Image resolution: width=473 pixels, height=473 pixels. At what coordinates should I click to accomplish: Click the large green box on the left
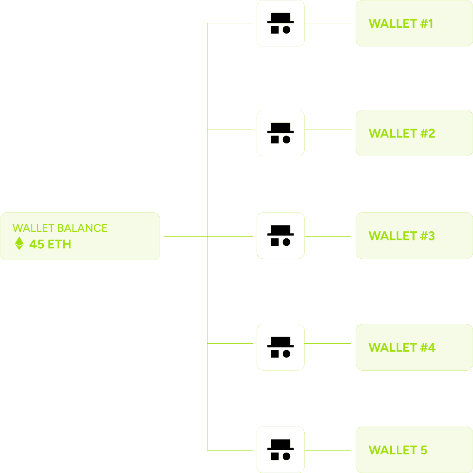[80, 236]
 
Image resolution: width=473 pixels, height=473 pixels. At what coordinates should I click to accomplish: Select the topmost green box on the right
[414, 23]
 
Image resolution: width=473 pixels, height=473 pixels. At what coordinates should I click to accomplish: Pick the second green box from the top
[414, 133]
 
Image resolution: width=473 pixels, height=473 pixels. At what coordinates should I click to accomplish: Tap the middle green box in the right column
[414, 235]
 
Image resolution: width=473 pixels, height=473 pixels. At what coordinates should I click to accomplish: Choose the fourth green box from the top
[414, 347]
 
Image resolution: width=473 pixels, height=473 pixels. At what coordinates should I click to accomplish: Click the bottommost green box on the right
[414, 449]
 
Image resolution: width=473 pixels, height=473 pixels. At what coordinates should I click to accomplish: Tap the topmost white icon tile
[280, 23]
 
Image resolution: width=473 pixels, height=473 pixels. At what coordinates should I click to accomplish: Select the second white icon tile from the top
[280, 133]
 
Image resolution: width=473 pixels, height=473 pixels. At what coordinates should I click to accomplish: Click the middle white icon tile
[280, 235]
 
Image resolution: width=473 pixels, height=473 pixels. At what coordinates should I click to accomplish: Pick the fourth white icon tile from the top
[280, 347]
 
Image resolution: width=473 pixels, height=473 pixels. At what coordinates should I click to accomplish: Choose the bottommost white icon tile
[280, 449]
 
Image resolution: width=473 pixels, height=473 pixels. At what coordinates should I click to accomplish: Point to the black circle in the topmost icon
[286, 29]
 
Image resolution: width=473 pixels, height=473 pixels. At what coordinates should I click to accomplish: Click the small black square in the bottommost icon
[274, 456]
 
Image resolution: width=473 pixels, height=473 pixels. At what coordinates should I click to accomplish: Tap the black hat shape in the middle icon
[280, 230]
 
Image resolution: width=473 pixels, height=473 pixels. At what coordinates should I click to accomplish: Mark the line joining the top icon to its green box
[327, 23]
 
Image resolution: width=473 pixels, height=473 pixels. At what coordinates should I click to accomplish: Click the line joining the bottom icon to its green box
[327, 450]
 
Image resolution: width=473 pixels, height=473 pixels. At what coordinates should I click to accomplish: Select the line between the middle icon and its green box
[327, 237]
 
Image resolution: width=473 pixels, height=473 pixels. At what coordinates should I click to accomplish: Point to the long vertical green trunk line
[207, 290]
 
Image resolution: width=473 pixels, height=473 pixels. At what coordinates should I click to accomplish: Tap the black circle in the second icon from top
[286, 139]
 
